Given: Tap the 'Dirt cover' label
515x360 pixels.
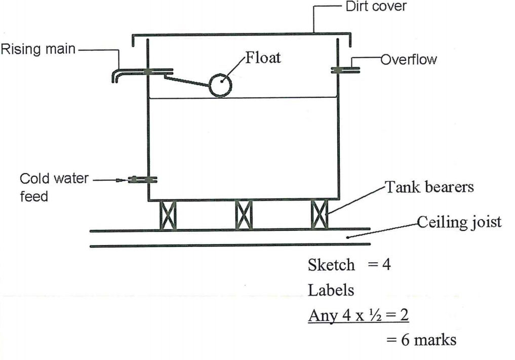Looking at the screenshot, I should click(x=375, y=7).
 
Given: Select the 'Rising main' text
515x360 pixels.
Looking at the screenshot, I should click(x=38, y=49).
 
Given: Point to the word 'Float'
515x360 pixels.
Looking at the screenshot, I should click(x=262, y=57).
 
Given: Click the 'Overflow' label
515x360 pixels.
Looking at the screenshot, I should click(x=409, y=60).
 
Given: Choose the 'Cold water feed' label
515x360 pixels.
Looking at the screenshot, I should click(x=54, y=187).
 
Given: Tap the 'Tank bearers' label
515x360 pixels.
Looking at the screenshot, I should click(x=430, y=187).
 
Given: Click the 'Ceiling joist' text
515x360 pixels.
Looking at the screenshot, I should click(x=459, y=222).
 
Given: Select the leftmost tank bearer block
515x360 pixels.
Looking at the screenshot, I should click(x=168, y=215).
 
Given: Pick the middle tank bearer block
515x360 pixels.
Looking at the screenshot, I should click(x=244, y=215).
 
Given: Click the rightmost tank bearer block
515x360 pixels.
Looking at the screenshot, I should click(x=319, y=215).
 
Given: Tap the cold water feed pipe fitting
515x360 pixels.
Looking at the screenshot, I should click(x=143, y=179).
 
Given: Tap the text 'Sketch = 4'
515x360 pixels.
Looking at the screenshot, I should click(x=349, y=265).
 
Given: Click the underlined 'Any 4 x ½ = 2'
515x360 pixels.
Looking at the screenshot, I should click(x=359, y=315).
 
